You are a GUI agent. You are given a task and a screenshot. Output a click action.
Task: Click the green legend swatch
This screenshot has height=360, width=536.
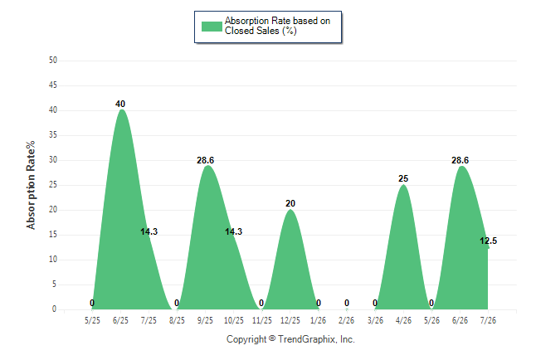click(212, 27)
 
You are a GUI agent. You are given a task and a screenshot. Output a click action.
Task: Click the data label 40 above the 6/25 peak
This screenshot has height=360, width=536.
click(120, 104)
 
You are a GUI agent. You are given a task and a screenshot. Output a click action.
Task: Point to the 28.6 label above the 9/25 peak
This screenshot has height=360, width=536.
click(205, 160)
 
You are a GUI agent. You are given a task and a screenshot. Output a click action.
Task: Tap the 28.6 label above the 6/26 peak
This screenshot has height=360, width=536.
click(460, 160)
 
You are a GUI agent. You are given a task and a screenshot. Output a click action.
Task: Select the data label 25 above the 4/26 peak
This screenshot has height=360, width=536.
click(403, 178)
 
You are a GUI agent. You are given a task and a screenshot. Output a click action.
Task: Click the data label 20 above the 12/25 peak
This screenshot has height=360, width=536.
click(290, 203)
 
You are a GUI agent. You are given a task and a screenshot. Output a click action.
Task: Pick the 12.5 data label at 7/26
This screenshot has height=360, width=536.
click(488, 241)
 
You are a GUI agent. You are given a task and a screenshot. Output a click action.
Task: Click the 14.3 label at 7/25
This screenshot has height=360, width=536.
click(149, 231)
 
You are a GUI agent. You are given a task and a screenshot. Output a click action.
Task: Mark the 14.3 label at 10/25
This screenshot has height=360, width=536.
click(233, 231)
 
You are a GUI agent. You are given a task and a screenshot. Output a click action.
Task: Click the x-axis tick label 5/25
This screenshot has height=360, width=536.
click(92, 320)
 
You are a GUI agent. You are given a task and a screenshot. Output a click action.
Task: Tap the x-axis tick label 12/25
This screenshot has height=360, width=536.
click(290, 320)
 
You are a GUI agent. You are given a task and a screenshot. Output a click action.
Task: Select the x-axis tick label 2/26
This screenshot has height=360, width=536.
click(346, 320)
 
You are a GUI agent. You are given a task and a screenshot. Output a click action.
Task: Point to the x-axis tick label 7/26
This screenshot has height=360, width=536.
click(488, 320)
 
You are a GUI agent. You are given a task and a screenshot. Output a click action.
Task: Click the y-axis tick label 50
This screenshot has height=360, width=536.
click(53, 61)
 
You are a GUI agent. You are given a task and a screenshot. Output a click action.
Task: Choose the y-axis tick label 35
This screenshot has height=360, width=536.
click(53, 134)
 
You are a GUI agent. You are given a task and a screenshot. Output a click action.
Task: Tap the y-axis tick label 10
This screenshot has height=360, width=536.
click(53, 259)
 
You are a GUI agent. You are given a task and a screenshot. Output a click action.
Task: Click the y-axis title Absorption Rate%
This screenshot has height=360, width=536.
click(31, 185)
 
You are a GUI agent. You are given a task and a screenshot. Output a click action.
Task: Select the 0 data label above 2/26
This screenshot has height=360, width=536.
click(347, 303)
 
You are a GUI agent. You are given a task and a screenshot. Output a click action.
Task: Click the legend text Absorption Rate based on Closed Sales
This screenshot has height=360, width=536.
click(277, 26)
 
